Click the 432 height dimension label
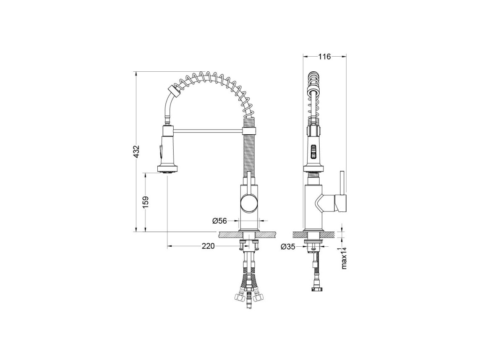(x=137, y=151)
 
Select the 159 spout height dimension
(x=146, y=202)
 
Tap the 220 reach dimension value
(x=208, y=246)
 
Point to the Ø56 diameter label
(x=219, y=220)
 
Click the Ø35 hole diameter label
(x=288, y=246)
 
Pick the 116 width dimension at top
(x=324, y=57)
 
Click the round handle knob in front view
(x=250, y=204)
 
